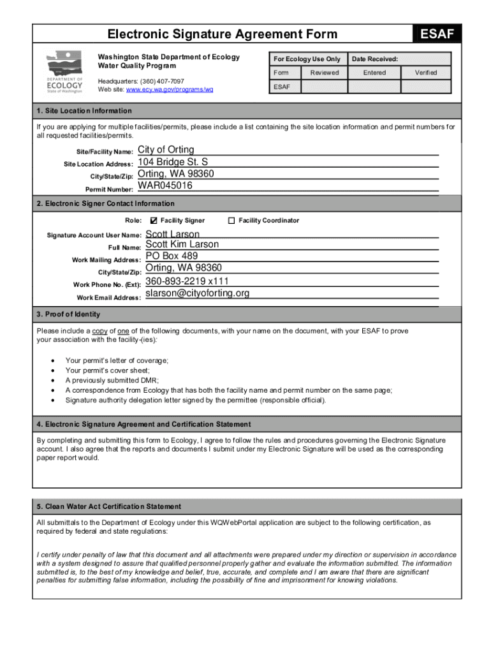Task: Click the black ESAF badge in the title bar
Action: pos(438,34)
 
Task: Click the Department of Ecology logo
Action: pos(64,71)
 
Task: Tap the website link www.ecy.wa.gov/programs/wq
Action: pos(170,90)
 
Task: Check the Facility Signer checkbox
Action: pos(153,221)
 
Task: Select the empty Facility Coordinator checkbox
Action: pos(231,221)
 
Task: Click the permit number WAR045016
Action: pos(165,186)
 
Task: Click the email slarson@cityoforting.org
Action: pos(198,293)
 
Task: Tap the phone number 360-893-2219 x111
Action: pos(187,281)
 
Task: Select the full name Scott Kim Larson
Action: pos(182,244)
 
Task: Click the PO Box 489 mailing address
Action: pos(172,256)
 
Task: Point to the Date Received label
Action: pos(374,59)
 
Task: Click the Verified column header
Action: pos(426,73)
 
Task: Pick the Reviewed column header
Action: pos(325,73)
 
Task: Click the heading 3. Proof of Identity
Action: pos(68,314)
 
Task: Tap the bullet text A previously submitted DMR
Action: pos(112,380)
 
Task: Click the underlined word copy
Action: pos(100,331)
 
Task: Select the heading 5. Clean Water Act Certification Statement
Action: pos(108,506)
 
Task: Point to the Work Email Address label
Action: pos(105,298)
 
